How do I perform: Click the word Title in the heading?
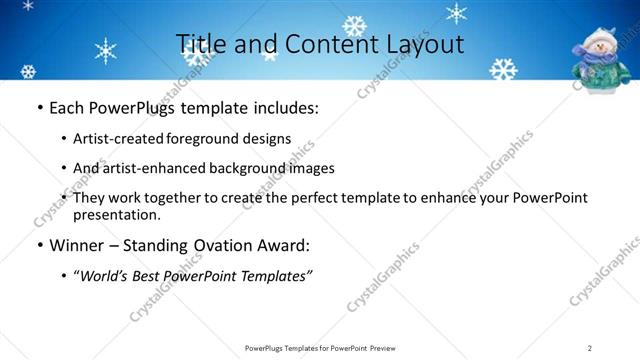pos(199,44)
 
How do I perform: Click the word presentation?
pos(115,214)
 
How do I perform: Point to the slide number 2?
pos(589,348)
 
